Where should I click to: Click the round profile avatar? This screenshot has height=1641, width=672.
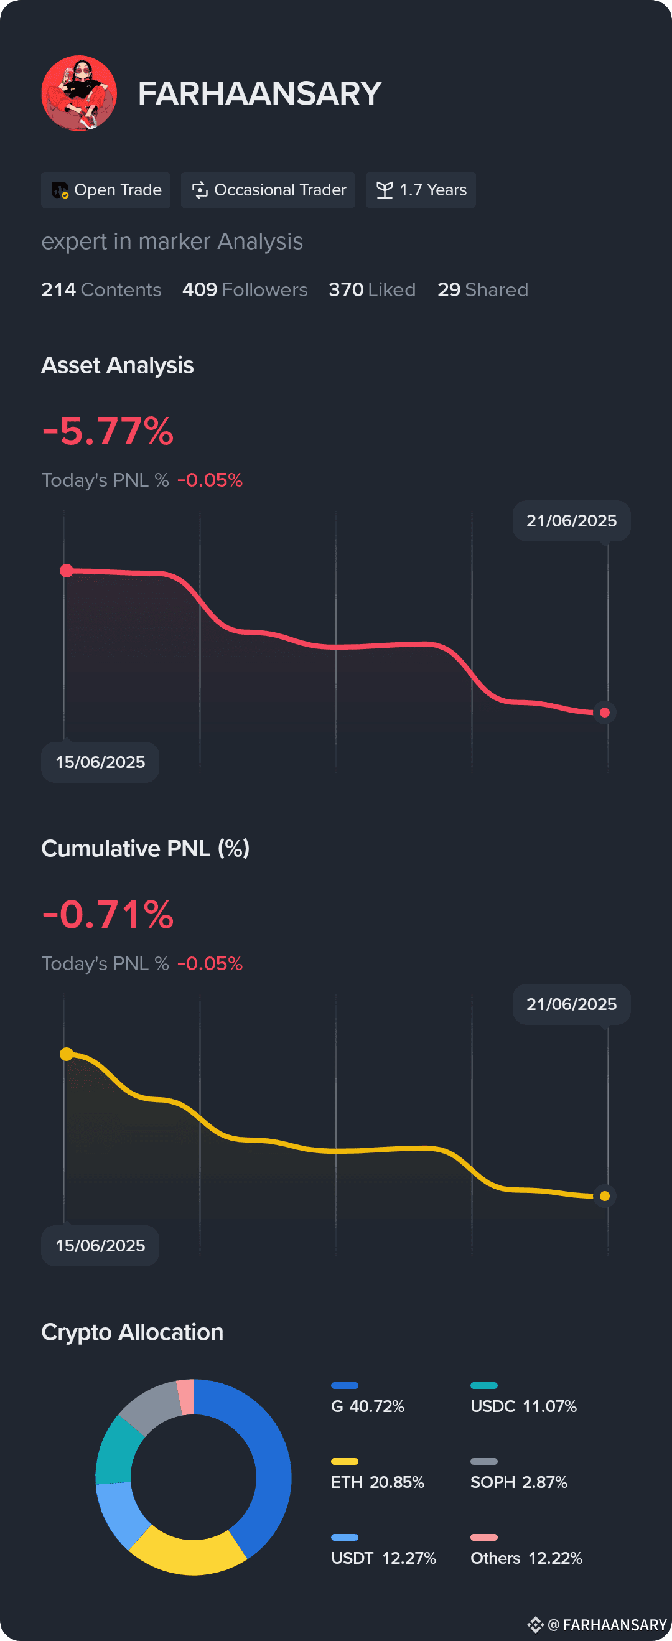[x=79, y=93]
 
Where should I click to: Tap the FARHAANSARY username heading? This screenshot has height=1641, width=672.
[x=260, y=93]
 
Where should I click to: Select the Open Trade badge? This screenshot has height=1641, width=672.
[x=106, y=190]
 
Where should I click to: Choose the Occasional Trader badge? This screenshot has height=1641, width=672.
[x=268, y=190]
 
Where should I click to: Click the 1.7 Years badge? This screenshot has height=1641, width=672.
[x=421, y=190]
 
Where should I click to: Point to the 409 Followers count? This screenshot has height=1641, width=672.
[x=245, y=290]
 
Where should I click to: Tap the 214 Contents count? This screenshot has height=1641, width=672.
[x=101, y=290]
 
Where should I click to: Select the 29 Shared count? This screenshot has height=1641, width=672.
[x=483, y=290]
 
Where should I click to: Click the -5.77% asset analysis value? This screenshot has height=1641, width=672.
[x=108, y=431]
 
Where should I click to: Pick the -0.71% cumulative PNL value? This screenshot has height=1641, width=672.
[x=108, y=915]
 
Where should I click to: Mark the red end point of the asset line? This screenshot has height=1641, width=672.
[x=604, y=712]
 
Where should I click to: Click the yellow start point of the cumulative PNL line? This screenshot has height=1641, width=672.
[x=66, y=1054]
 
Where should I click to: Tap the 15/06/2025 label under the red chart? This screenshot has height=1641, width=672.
[x=100, y=762]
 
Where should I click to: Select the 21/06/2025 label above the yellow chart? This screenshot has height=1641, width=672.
[x=571, y=1004]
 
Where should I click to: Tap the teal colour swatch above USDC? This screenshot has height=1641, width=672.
[x=483, y=1386]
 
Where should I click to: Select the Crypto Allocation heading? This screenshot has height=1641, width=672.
[x=133, y=1332]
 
